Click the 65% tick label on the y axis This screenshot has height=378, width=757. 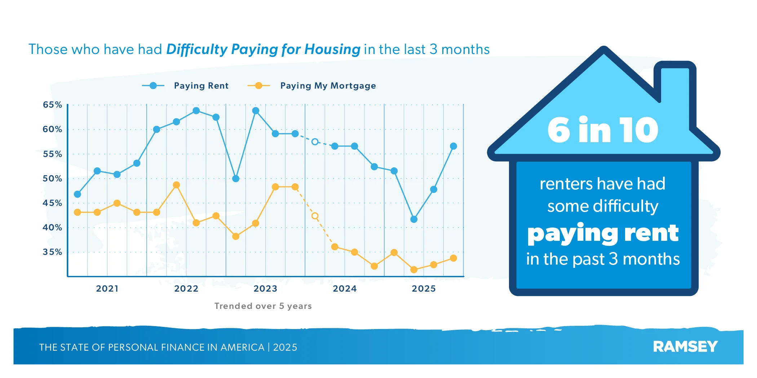tap(52, 105)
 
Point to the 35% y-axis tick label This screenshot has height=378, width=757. tap(52, 252)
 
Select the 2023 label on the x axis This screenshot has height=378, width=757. tap(265, 289)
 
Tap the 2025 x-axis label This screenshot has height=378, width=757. tap(424, 289)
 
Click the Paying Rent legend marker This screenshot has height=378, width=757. tap(153, 86)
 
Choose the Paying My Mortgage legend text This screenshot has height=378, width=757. tap(328, 86)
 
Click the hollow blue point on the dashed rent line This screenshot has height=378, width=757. tap(315, 142)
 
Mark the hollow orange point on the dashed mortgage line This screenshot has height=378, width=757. tap(315, 216)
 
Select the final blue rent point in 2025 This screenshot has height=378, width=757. tap(453, 146)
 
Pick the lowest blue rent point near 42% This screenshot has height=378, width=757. tap(414, 219)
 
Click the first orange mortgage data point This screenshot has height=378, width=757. tap(77, 212)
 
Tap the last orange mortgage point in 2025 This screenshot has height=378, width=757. tap(453, 258)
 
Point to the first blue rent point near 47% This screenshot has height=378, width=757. tap(77, 194)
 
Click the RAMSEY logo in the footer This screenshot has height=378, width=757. tap(685, 347)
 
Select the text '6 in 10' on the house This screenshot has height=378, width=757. tap(603, 130)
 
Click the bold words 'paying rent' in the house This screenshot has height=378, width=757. tap(603, 233)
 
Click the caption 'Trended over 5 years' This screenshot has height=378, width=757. tap(263, 306)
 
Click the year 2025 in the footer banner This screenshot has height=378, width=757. tap(285, 347)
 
